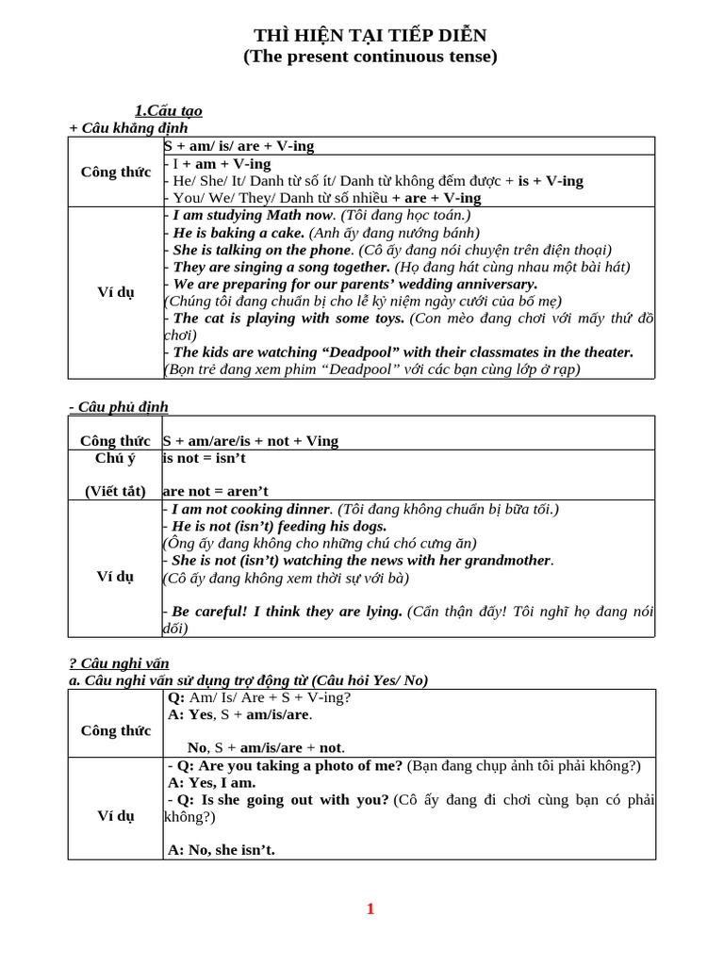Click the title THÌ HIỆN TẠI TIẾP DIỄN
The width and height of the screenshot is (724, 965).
[370, 36]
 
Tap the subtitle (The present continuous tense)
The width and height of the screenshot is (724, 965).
[370, 57]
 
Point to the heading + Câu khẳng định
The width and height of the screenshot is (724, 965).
[128, 128]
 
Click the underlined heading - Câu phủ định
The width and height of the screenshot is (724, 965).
[118, 406]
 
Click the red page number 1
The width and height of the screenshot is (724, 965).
[370, 909]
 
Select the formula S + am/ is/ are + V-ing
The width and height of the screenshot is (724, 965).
[239, 146]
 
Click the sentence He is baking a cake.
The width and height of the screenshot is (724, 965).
[239, 232]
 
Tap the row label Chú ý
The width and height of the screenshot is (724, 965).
[116, 458]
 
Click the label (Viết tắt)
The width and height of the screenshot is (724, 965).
[116, 491]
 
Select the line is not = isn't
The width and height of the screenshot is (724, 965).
[211, 458]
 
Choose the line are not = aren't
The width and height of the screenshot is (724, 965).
[216, 491]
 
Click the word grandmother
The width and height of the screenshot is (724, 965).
[504, 560]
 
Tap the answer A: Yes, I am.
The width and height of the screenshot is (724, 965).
[212, 782]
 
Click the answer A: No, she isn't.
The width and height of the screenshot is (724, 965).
[222, 850]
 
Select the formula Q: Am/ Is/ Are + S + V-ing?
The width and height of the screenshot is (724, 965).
[259, 697]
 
